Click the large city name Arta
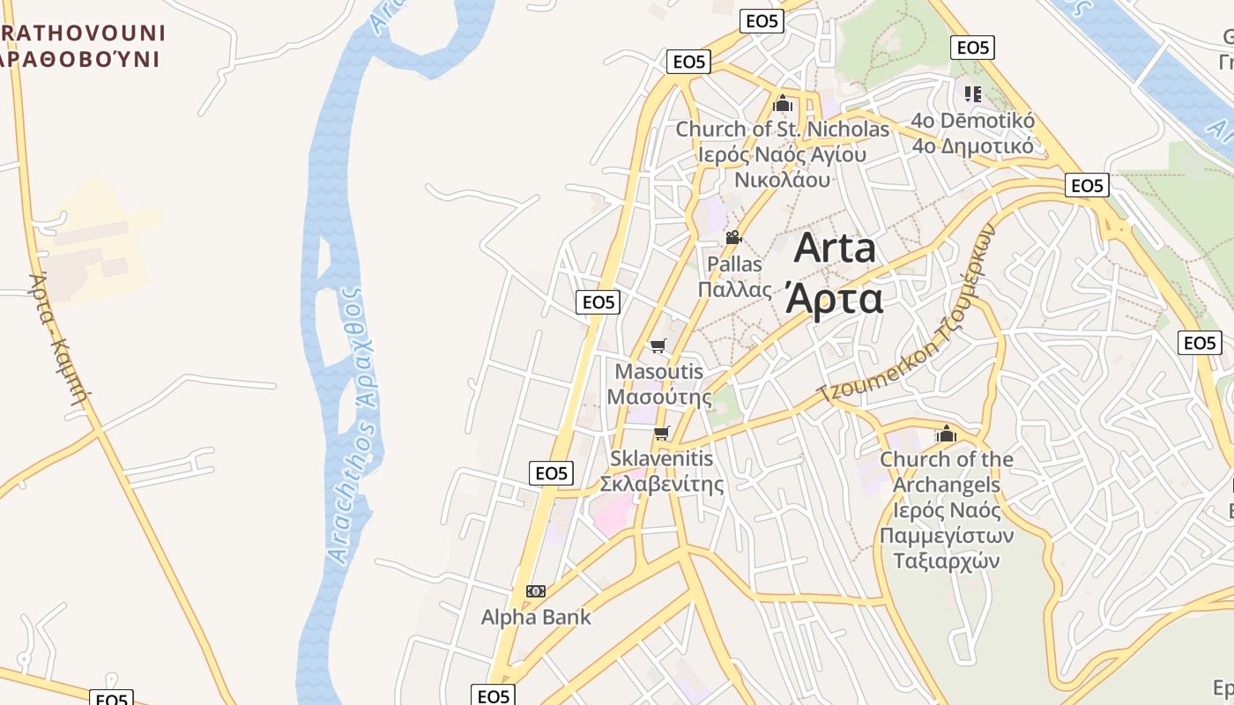(835, 249)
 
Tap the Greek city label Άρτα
(833, 298)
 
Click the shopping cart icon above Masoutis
(658, 345)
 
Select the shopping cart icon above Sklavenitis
(662, 433)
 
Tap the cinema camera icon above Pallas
(733, 237)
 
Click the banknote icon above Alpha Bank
(536, 590)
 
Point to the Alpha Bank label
(536, 617)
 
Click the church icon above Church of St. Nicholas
(783, 104)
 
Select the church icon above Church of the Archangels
(946, 434)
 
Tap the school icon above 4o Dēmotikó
(973, 93)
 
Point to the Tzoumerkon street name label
(908, 313)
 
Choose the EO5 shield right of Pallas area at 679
(598, 302)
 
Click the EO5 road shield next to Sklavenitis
(552, 473)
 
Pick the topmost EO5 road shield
(762, 21)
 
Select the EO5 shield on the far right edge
(1200, 343)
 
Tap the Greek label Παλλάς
(735, 289)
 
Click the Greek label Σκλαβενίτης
(662, 484)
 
